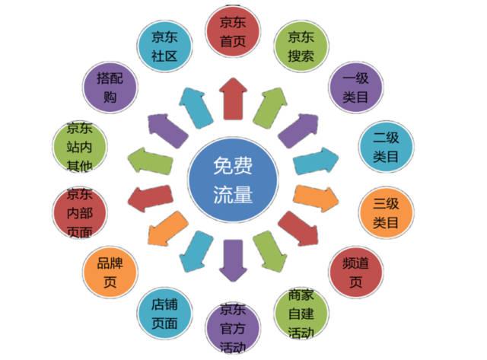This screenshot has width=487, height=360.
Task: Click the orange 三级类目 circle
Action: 386,212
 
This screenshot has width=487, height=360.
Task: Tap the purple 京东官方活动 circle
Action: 232,330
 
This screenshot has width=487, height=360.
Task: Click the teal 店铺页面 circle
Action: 163,314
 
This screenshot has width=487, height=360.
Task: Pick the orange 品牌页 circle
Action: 110,271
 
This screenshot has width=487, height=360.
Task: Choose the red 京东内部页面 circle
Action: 80,213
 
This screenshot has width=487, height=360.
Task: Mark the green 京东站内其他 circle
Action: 80,146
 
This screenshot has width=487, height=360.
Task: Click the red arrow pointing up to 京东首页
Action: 231,97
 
